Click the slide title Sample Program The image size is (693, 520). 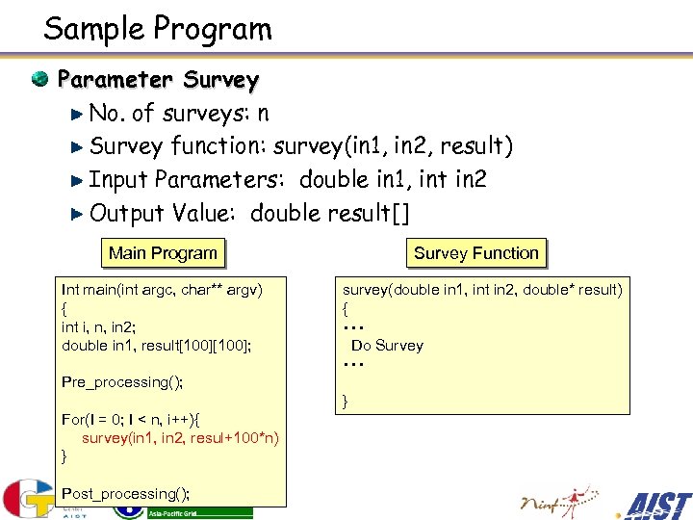click(x=158, y=29)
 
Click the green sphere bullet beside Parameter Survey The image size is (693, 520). click(x=40, y=78)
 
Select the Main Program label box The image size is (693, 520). click(x=163, y=253)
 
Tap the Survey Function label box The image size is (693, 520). click(x=475, y=253)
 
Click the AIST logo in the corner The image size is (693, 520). click(x=656, y=505)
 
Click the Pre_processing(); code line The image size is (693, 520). click(x=122, y=382)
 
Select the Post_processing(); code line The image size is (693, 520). click(x=125, y=494)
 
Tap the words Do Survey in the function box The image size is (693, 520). click(x=387, y=346)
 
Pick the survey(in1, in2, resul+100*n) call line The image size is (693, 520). click(x=180, y=438)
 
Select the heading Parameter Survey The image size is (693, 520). click(x=158, y=79)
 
